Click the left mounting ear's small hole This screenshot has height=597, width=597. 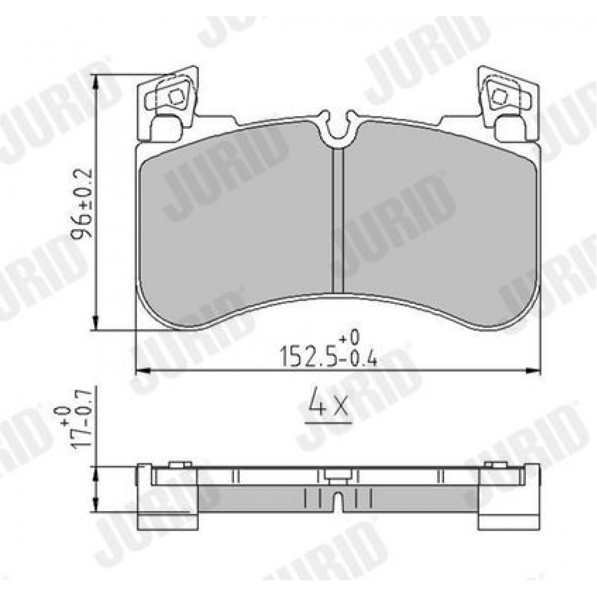176,97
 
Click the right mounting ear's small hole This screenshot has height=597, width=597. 499,97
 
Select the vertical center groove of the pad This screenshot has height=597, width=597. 338,221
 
